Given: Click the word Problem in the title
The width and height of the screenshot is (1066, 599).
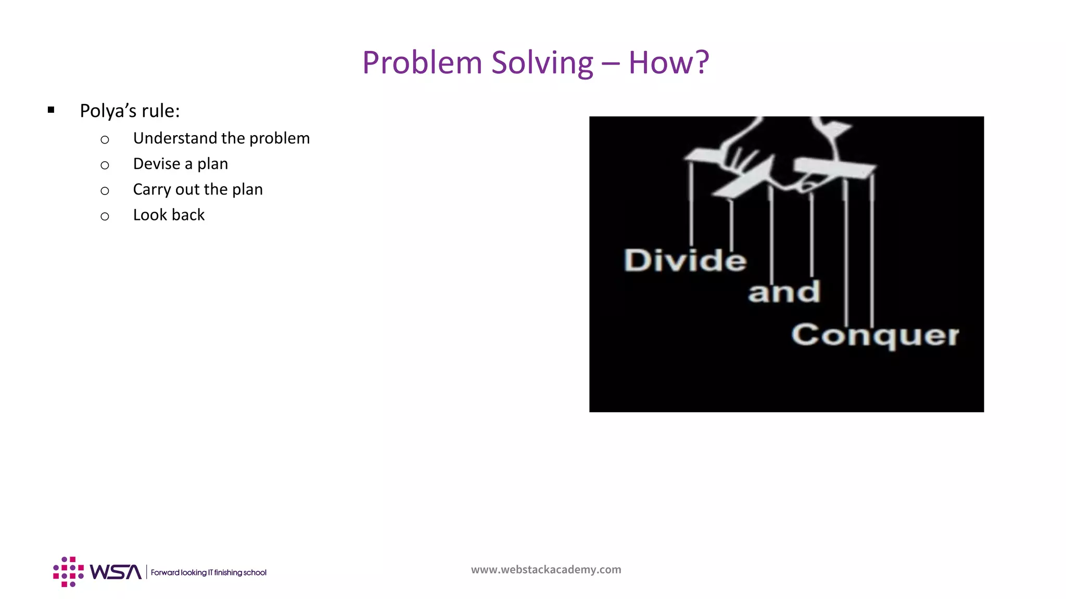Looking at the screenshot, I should [x=422, y=63].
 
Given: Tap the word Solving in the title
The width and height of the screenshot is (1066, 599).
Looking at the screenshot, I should [x=542, y=63].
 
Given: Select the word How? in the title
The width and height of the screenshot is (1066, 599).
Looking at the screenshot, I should [x=669, y=62].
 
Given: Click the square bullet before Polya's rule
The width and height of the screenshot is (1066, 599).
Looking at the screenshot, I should [x=51, y=110].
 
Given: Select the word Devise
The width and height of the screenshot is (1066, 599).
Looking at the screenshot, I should [x=157, y=163].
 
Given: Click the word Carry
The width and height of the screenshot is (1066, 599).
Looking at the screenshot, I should [x=151, y=189].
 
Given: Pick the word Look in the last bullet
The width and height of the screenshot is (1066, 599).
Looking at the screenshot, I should [x=150, y=215].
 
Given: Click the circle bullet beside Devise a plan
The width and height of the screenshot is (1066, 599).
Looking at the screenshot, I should [x=105, y=165].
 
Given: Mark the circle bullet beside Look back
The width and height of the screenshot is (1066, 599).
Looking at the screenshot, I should [x=105, y=216].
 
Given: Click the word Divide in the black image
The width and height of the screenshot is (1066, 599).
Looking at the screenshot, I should [x=685, y=260].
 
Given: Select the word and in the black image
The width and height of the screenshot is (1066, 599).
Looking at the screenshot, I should [x=784, y=292].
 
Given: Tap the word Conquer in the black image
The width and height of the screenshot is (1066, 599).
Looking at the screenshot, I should [x=875, y=335].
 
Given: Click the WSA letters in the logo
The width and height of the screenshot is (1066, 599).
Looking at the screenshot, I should [x=116, y=572].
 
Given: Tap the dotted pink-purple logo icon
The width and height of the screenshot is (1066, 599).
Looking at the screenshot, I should [x=68, y=572].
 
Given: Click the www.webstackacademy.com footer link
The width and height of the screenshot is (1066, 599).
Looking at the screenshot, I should [x=546, y=569].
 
